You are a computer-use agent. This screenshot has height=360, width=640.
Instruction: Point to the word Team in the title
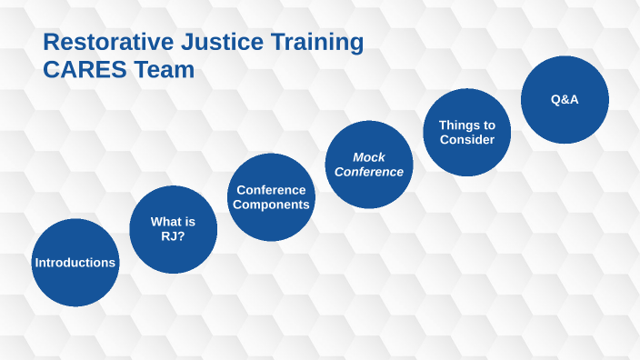(165, 70)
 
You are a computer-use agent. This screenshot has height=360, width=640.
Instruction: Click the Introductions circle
(75, 262)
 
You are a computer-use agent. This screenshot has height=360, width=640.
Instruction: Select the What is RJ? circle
(173, 229)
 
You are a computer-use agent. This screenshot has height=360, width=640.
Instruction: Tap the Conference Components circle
(271, 197)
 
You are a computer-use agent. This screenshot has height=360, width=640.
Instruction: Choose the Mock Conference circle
(369, 165)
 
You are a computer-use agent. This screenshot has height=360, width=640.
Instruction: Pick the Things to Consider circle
(466, 132)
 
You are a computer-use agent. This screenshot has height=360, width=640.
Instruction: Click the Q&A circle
(565, 99)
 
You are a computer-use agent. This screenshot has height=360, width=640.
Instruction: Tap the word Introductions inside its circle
(75, 263)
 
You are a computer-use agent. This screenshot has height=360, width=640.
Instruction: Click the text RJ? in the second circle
(173, 236)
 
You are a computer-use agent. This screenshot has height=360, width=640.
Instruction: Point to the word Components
(271, 205)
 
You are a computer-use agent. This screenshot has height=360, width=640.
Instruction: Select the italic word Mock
(369, 157)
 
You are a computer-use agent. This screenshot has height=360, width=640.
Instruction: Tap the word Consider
(466, 140)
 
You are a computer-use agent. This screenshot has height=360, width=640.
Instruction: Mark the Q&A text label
(565, 99)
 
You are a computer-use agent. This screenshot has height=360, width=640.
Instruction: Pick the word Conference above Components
(271, 190)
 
